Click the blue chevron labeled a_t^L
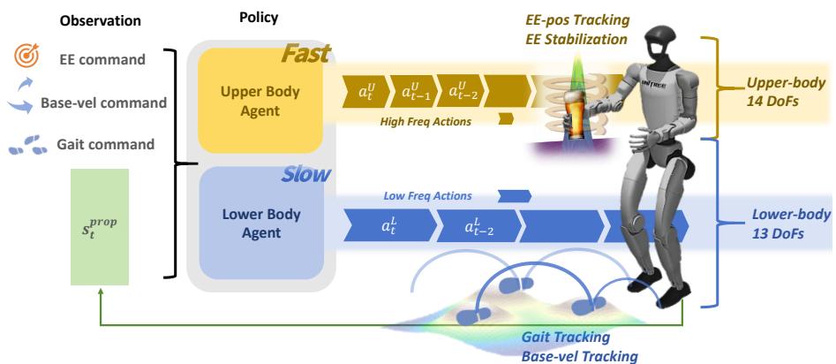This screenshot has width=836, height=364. click(x=390, y=227)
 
